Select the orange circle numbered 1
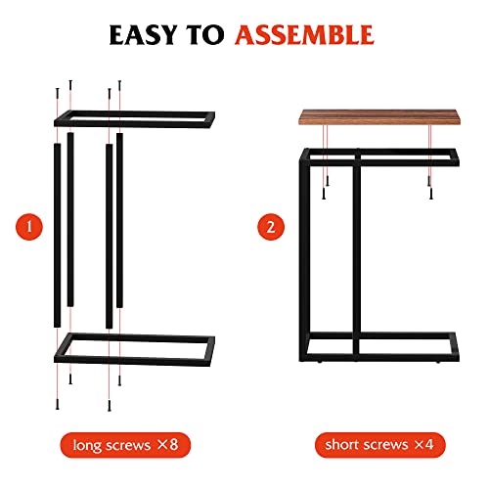[29, 227]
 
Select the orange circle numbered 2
[270, 227]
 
